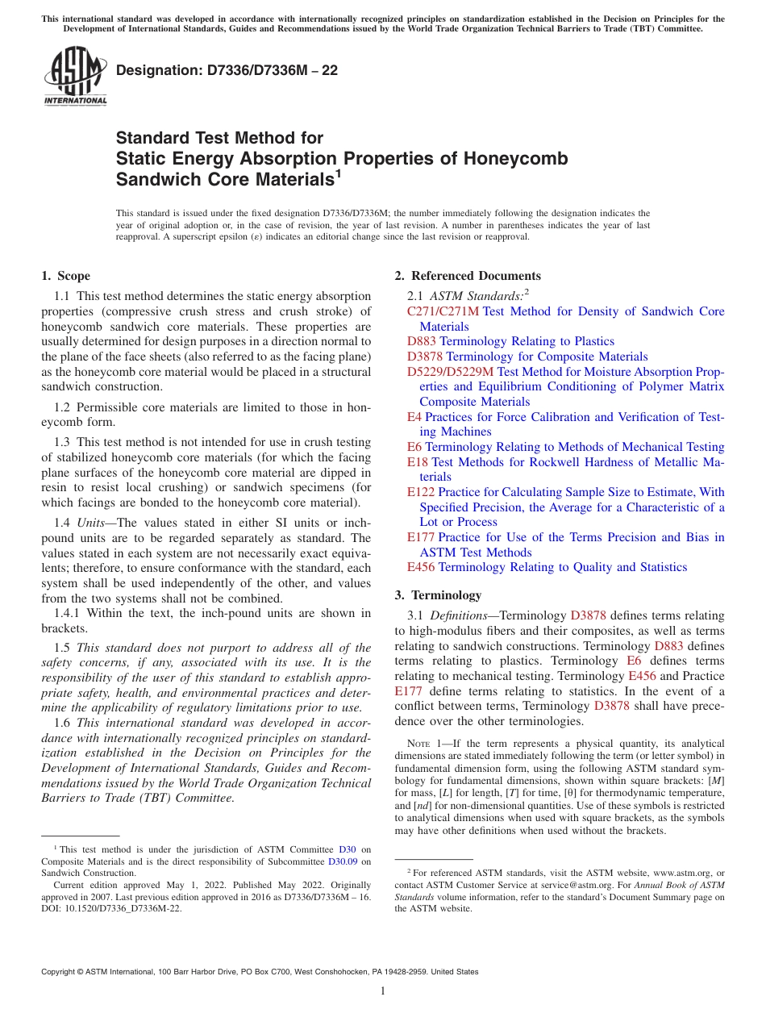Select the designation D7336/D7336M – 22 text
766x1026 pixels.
[x=227, y=70]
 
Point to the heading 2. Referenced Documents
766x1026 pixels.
[x=468, y=276]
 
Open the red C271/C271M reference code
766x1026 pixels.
[x=443, y=311]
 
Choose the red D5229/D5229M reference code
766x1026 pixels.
[x=450, y=372]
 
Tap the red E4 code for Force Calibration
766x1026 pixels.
[x=414, y=417]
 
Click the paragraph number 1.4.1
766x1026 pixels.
[x=67, y=613]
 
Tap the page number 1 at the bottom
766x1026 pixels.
[x=383, y=991]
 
